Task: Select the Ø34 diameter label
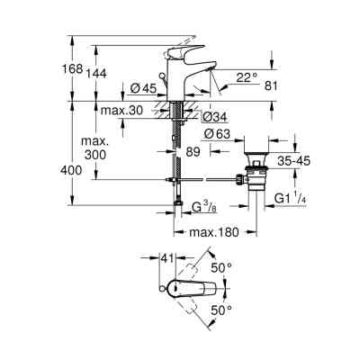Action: pos(213,117)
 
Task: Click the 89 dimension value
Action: pos(191,154)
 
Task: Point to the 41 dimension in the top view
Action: pos(166,259)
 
